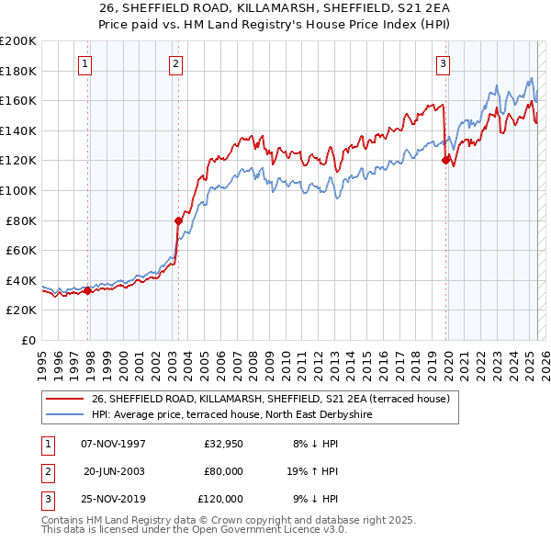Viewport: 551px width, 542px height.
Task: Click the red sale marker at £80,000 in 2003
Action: tap(178, 220)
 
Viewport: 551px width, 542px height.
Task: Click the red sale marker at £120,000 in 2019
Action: tap(445, 160)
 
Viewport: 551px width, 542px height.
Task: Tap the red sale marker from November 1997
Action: tap(88, 291)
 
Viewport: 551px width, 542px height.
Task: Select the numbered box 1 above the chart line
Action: tap(84, 63)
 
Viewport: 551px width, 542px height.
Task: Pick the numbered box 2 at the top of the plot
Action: tap(174, 63)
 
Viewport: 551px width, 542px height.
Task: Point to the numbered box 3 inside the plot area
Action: tap(443, 63)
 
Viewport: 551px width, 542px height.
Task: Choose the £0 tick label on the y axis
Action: tap(28, 340)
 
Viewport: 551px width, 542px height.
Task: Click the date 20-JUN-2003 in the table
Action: tap(114, 471)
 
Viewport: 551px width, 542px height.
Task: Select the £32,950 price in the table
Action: tap(222, 444)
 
